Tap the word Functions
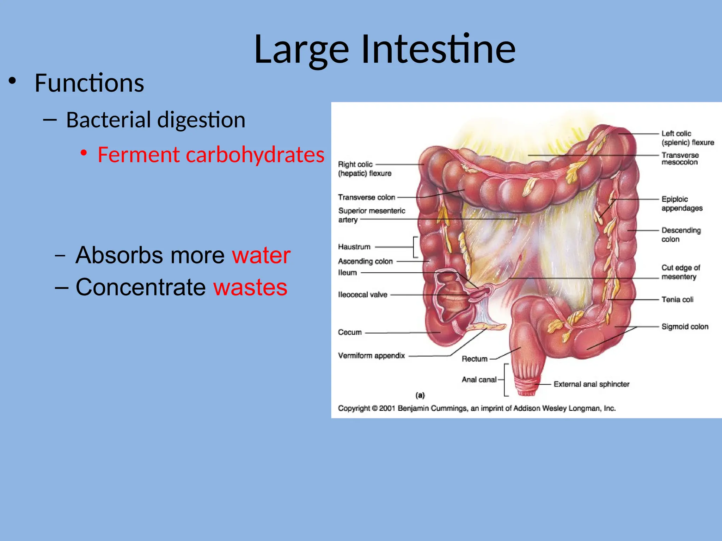89,83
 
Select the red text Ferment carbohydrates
211,155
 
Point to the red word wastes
250,287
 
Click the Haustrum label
354,247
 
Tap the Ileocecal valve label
362,294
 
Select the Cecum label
350,332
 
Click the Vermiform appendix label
371,355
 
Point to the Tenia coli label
677,299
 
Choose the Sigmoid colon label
685,327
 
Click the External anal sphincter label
591,384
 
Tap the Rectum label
475,359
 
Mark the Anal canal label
479,379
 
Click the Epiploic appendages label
682,204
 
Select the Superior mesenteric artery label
371,215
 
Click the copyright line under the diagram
477,408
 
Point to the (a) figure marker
420,395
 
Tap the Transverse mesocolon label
680,158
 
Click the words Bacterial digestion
155,120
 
